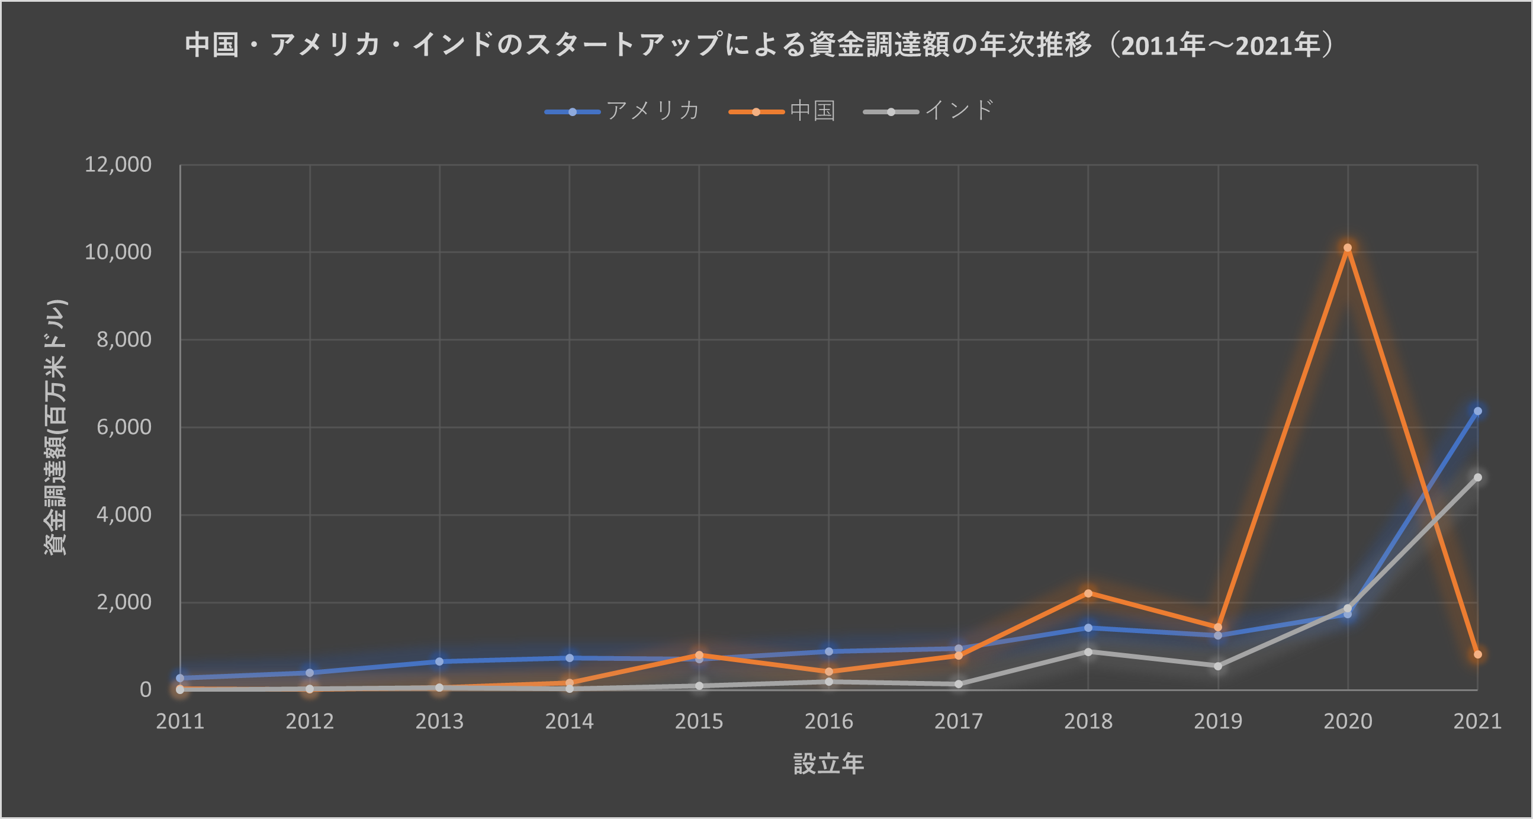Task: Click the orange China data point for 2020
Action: (x=1347, y=248)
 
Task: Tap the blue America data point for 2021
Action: (x=1477, y=412)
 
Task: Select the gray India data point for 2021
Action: (x=1477, y=477)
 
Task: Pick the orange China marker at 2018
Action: (x=1088, y=593)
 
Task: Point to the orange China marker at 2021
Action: (x=1477, y=654)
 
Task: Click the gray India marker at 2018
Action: (x=1088, y=652)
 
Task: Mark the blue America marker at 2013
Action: (x=439, y=661)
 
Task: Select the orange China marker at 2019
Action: (x=1217, y=627)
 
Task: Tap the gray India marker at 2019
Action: (x=1217, y=666)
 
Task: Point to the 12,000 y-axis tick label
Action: (x=118, y=164)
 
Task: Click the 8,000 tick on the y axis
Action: (x=124, y=339)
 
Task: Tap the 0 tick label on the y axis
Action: (x=145, y=690)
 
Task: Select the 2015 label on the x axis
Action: (x=699, y=721)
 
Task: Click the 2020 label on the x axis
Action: (x=1347, y=721)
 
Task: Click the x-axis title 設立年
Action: (x=828, y=765)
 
